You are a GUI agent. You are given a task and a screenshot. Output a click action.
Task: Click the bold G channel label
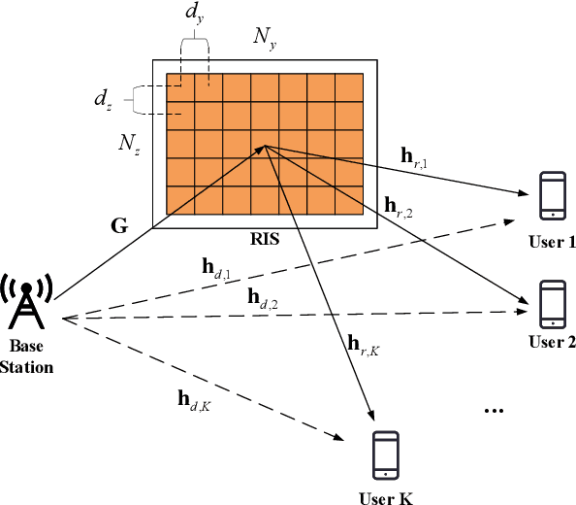click(x=118, y=226)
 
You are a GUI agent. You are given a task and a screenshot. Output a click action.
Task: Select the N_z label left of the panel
click(x=128, y=143)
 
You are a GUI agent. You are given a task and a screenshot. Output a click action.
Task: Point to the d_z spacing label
click(x=104, y=98)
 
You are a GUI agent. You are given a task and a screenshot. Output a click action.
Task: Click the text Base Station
click(x=32, y=355)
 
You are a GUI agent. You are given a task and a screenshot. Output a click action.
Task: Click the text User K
click(x=387, y=497)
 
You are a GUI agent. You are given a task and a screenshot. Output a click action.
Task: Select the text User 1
click(x=553, y=239)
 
